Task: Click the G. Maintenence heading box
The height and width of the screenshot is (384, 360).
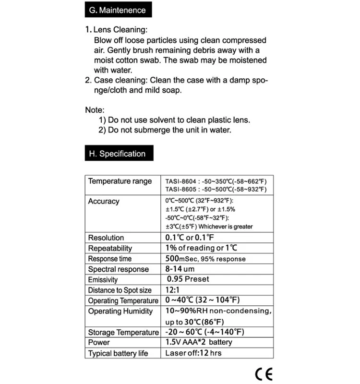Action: (x=115, y=10)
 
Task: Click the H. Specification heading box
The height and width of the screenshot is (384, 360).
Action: (x=115, y=154)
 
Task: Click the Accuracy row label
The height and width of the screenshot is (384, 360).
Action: (x=104, y=201)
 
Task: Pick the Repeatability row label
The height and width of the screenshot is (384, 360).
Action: (x=110, y=248)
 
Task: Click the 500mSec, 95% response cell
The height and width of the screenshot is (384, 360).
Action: (x=205, y=259)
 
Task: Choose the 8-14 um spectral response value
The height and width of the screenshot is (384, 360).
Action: (x=180, y=269)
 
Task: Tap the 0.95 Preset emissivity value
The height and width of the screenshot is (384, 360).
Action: (x=188, y=279)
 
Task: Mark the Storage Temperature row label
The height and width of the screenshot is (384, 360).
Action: (x=123, y=332)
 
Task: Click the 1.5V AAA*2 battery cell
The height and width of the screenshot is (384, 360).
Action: (x=198, y=342)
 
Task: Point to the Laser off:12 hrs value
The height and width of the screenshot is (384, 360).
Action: (x=193, y=353)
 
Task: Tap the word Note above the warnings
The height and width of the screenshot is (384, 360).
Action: (x=95, y=110)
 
